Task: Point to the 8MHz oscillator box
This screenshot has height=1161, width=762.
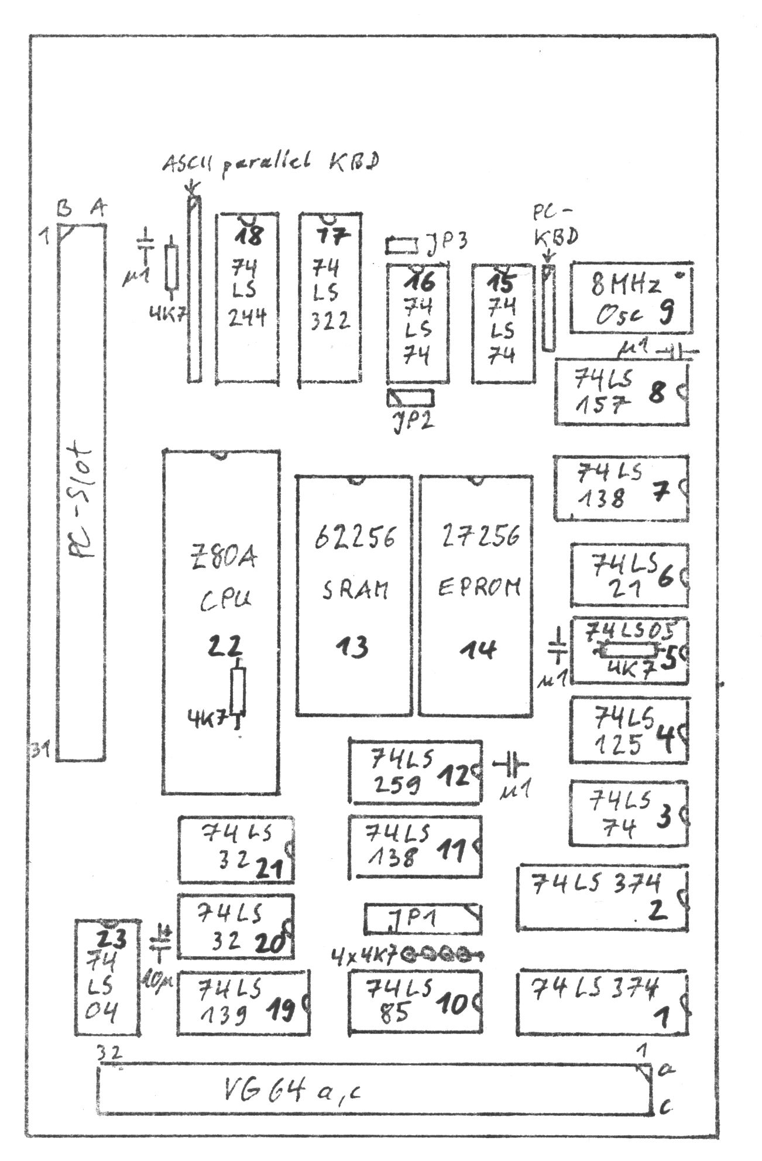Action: [x=631, y=298]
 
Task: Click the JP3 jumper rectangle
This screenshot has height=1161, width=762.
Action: [x=401, y=245]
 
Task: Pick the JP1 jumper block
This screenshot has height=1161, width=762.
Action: [x=424, y=919]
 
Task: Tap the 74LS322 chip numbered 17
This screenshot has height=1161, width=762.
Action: [x=330, y=299]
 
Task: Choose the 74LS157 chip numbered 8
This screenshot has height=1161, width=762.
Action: [x=622, y=391]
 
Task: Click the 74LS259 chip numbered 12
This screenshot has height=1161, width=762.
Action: [x=416, y=772]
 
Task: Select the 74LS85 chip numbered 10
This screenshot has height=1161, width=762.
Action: [x=416, y=1001]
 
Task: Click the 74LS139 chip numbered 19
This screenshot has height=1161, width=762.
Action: [x=243, y=1001]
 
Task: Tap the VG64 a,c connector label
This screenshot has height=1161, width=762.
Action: [x=293, y=1090]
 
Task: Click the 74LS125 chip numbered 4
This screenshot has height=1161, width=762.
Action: [x=629, y=730]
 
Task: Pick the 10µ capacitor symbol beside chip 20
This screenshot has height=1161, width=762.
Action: [x=160, y=944]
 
